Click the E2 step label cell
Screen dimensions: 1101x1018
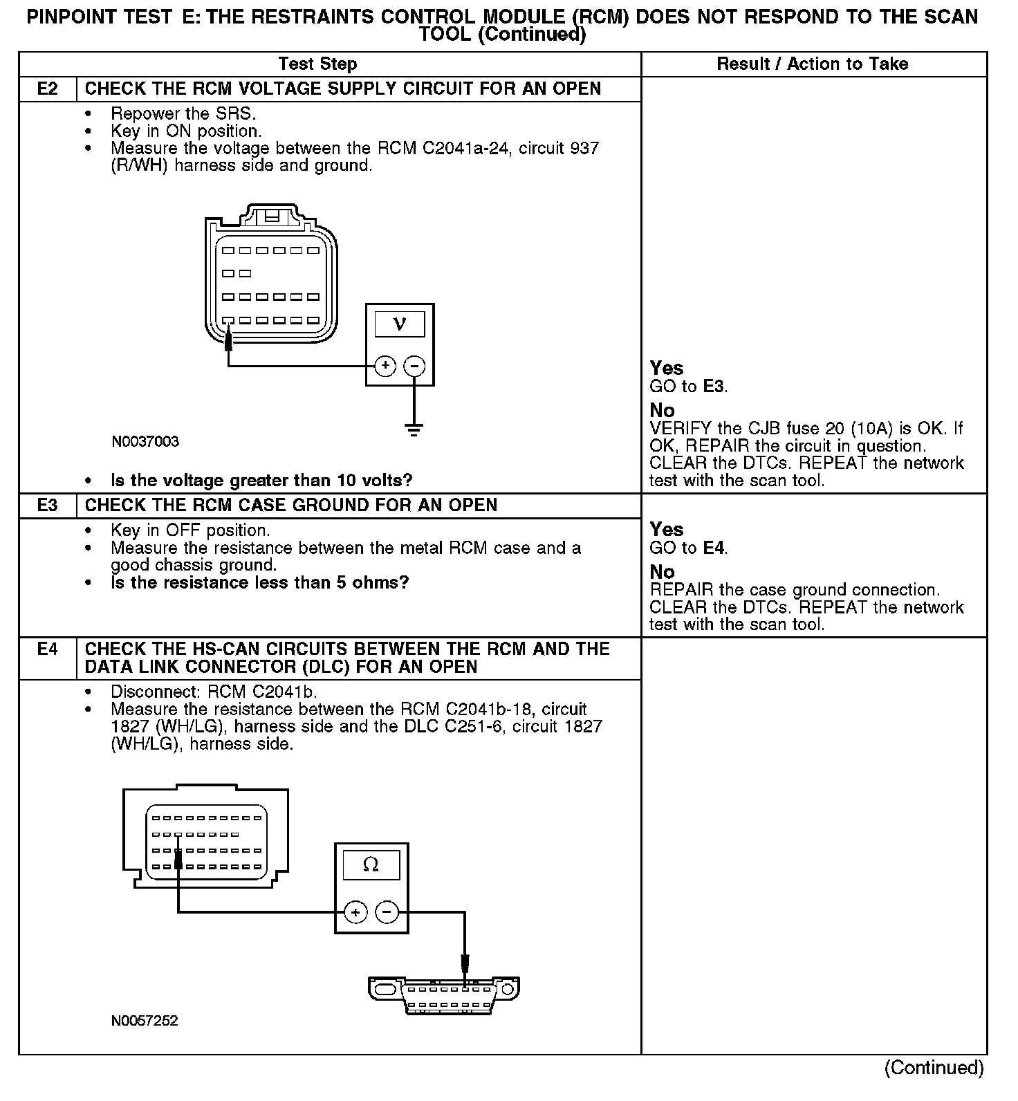click(x=47, y=89)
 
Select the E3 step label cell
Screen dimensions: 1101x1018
click(x=47, y=506)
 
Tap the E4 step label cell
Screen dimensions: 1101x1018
click(x=47, y=650)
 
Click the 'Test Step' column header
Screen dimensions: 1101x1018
click(x=317, y=64)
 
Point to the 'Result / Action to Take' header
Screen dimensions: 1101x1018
click(x=813, y=64)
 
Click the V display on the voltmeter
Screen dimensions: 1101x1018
click(x=400, y=324)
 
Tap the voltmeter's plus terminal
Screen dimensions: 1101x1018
click(x=385, y=366)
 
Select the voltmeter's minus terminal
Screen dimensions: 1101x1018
click(x=414, y=366)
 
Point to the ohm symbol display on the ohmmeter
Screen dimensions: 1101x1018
click(x=371, y=865)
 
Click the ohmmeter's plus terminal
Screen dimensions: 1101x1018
click(x=355, y=913)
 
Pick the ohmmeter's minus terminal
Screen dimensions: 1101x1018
click(x=387, y=913)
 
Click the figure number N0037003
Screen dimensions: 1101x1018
click(x=145, y=442)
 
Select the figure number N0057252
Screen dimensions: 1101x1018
click(x=145, y=1021)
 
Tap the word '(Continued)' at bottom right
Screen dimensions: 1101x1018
click(x=934, y=1068)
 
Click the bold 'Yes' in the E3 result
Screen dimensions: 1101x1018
click(x=667, y=530)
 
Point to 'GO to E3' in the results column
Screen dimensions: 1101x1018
click(x=688, y=387)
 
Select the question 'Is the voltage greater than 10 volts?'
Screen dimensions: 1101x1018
click(x=261, y=481)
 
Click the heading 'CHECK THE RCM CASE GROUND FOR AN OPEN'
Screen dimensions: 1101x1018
click(x=290, y=506)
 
